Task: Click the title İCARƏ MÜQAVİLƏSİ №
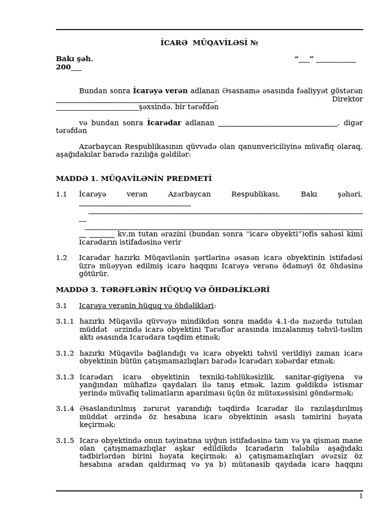209,43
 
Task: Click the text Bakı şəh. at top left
74,59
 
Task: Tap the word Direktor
347,99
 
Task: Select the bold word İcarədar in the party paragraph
164,122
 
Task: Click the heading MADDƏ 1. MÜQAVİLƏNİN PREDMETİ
133,178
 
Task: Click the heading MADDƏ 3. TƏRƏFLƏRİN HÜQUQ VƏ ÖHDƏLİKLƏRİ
162,290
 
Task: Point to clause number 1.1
62,194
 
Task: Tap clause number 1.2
62,257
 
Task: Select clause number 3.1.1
65,321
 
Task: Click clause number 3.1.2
65,353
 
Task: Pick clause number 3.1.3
65,377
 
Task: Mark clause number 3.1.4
65,408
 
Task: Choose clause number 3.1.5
65,440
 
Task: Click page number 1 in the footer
360,496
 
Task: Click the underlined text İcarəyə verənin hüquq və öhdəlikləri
147,305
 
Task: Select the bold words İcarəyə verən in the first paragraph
160,91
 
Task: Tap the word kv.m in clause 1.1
126,234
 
